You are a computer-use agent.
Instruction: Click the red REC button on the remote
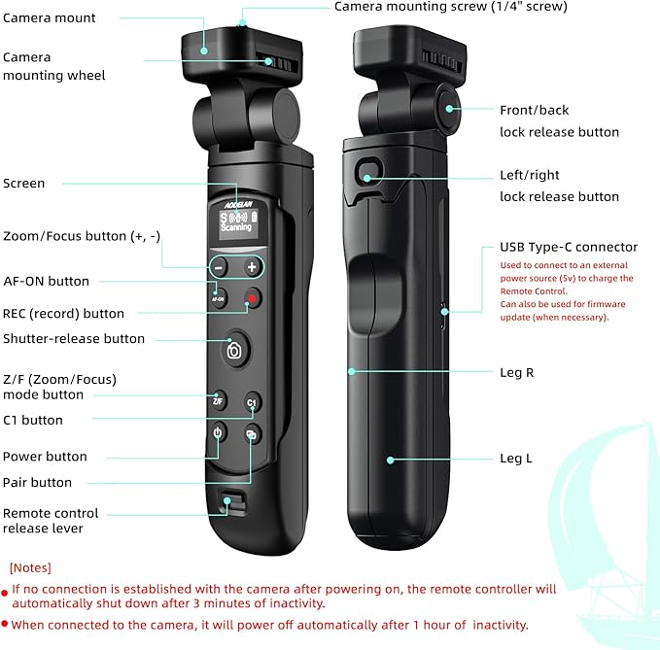pos(252,298)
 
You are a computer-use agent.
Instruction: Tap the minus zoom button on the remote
pos(220,267)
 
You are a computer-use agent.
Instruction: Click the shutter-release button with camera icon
pos(234,351)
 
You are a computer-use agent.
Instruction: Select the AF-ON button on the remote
pos(219,298)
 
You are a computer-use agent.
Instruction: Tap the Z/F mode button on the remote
pos(218,401)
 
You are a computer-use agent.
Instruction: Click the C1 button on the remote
pos(251,402)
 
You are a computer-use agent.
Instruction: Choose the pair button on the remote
pos(251,434)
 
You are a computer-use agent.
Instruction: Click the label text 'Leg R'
pos(516,372)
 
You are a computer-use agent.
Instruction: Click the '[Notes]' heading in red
pos(30,567)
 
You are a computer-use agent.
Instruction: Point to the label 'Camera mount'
pos(50,17)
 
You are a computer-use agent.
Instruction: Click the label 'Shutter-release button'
pos(74,339)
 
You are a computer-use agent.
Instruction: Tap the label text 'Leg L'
pos(515,458)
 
